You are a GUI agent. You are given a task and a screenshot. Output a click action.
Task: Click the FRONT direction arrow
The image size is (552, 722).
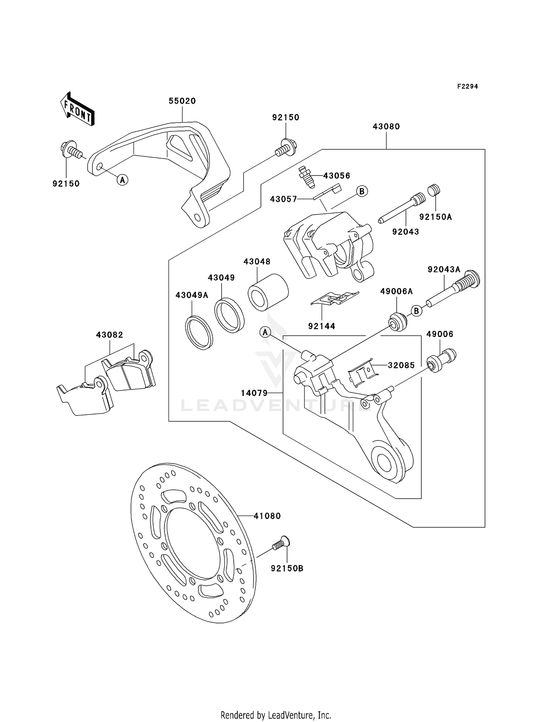coord(77,110)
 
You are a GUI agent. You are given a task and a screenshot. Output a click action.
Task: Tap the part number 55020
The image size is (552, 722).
coord(182,101)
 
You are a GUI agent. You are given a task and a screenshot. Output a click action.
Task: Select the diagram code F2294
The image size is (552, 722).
coord(467,86)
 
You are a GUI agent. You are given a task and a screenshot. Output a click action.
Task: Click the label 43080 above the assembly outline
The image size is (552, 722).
coord(386,127)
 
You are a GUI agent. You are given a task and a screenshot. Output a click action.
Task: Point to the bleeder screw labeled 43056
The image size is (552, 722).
coord(305,176)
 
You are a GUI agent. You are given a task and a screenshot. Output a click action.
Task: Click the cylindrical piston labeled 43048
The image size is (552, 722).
coord(268,292)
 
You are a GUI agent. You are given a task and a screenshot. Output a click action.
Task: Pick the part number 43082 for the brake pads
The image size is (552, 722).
coord(109,335)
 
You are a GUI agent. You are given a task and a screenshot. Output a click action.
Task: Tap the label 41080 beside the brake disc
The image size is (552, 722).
coord(267,516)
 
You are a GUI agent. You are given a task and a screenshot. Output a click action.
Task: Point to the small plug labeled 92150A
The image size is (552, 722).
coord(434,191)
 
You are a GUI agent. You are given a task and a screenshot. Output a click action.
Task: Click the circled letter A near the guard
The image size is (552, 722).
coord(123,180)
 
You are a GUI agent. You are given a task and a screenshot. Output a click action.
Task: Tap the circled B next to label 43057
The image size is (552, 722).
coord(362,191)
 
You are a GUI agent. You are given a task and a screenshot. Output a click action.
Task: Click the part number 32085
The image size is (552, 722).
coord(401,365)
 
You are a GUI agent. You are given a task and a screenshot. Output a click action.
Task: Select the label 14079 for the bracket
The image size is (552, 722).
coord(254,393)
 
